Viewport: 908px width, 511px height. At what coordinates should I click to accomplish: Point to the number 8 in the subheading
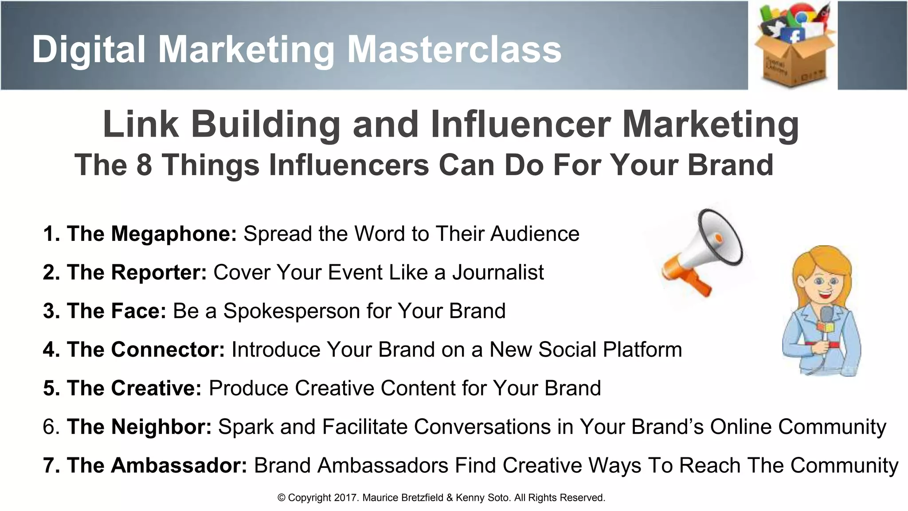144,165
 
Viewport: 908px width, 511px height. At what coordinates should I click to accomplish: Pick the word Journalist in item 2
498,272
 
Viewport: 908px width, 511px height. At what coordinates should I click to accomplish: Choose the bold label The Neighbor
139,427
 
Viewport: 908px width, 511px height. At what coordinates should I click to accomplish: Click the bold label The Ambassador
157,465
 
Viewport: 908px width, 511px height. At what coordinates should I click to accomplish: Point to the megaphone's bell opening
720,237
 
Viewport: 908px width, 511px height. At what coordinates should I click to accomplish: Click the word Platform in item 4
642,350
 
